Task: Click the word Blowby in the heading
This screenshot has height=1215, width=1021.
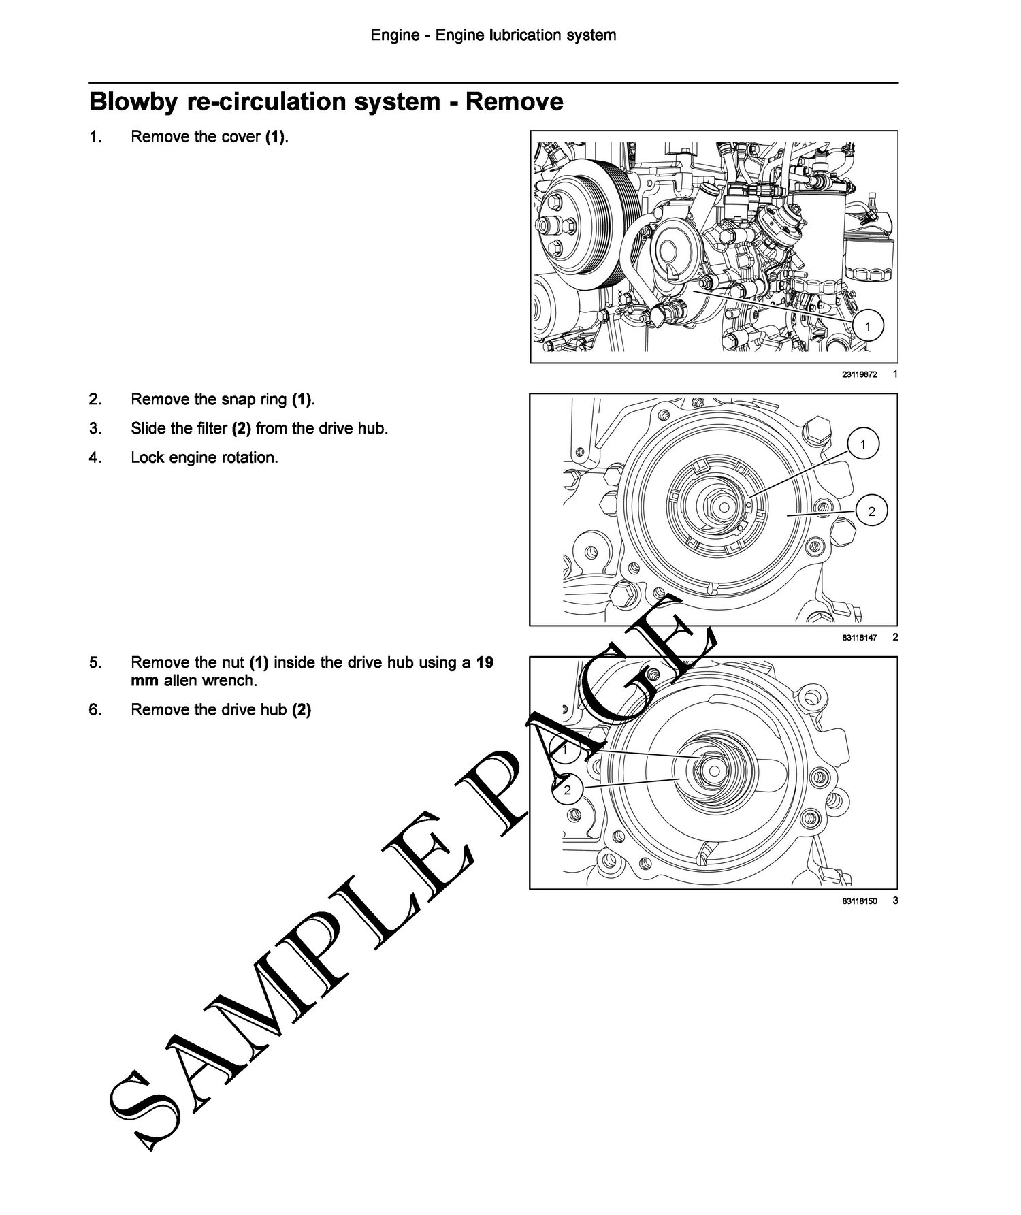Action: pos(131,102)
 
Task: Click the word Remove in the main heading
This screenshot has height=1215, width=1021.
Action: pos(515,101)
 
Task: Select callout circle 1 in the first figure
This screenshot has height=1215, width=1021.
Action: pos(866,326)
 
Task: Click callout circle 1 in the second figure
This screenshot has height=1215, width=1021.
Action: pos(863,445)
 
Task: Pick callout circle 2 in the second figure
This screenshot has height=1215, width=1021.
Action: pos(872,511)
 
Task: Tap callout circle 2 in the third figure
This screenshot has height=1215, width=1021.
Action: pos(567,790)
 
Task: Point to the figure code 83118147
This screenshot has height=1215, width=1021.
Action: pos(859,638)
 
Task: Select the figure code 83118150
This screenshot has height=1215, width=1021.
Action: pos(859,901)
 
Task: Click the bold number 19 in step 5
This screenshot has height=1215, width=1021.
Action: pos(485,662)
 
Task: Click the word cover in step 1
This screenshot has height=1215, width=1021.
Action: pos(243,137)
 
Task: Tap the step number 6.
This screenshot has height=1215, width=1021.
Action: pos(95,710)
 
